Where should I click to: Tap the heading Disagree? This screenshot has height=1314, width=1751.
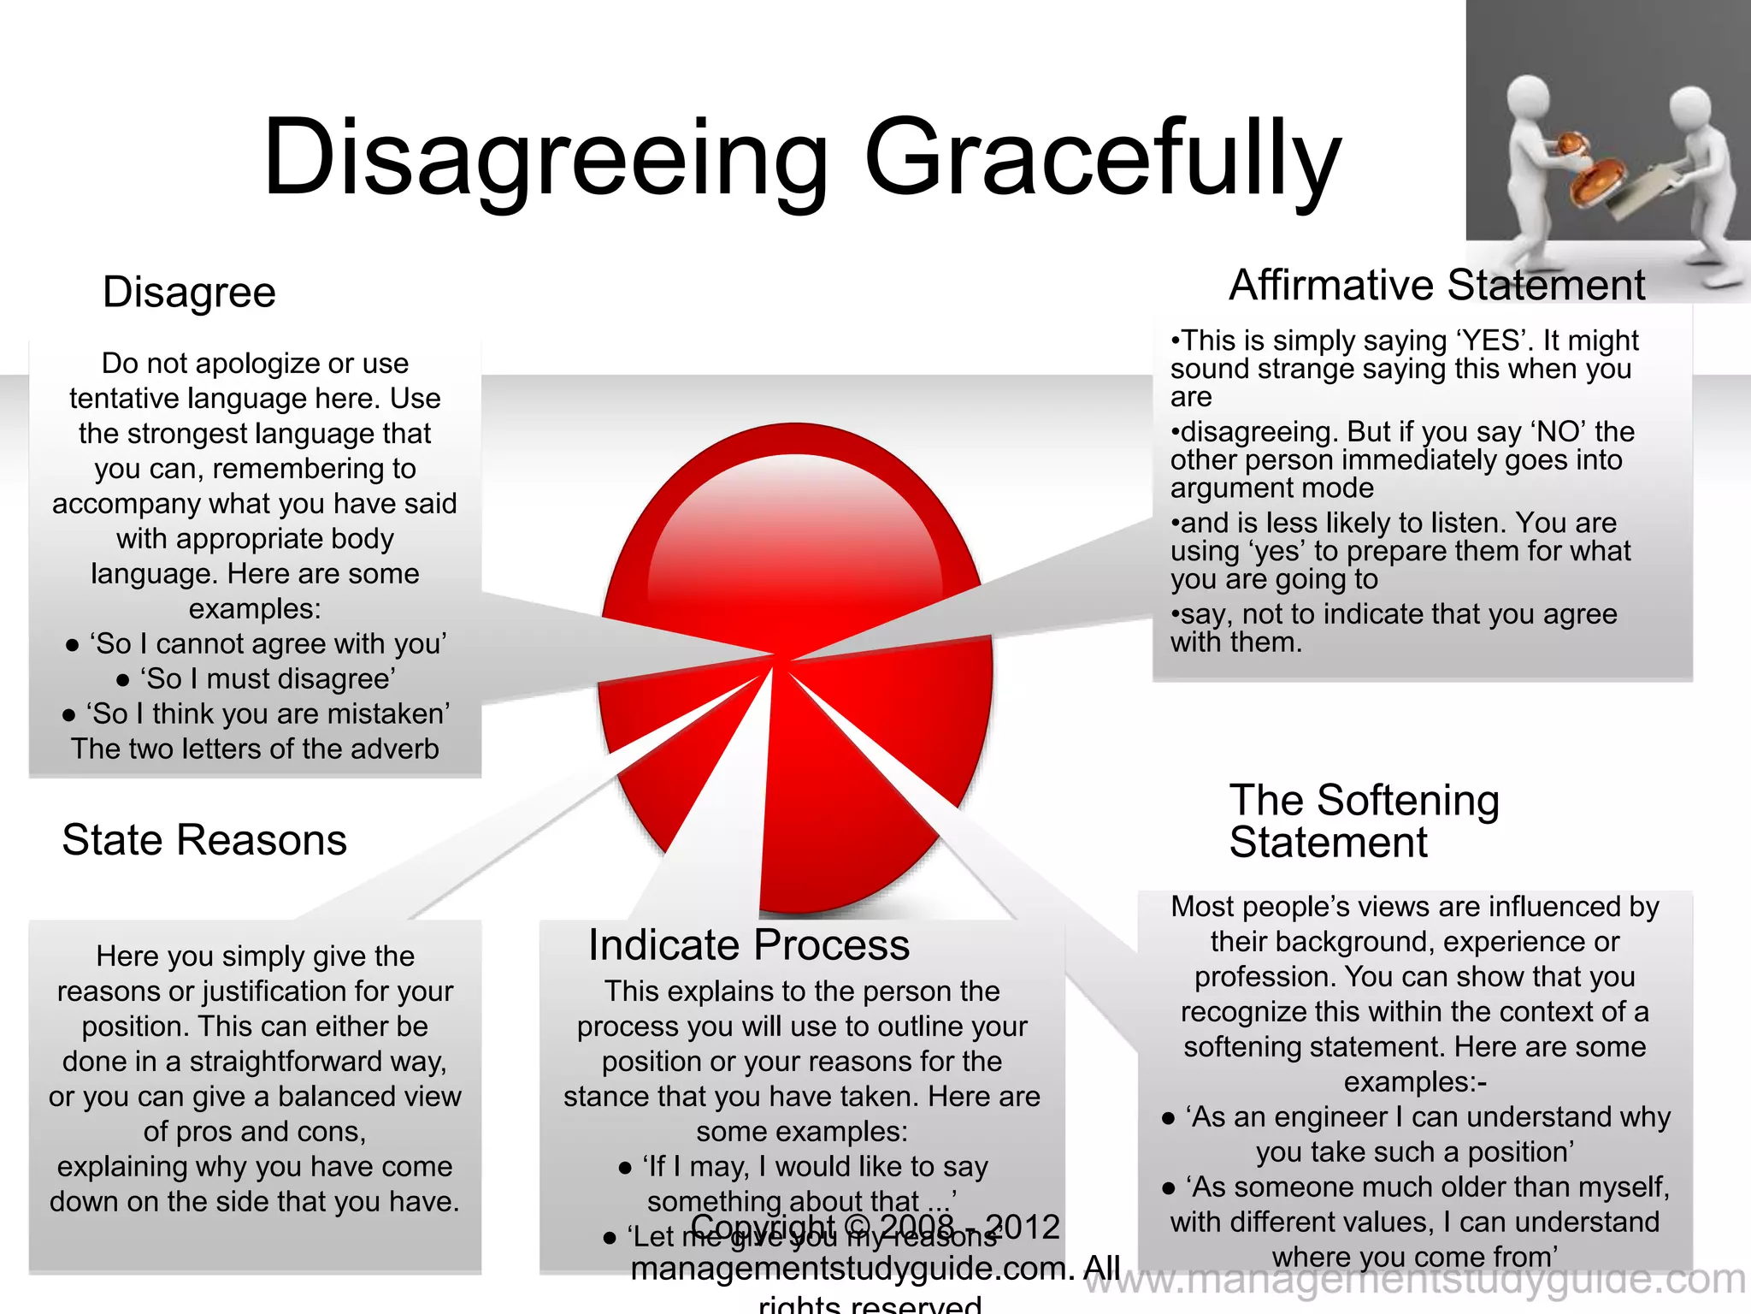189,293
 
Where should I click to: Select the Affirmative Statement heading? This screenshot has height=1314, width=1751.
1436,286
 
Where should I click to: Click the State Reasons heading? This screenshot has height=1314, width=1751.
204,840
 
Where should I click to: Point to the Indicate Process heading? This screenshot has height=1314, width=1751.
749,945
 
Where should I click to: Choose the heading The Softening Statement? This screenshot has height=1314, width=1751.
1364,821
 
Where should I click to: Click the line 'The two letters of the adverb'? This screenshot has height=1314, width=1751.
255,749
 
